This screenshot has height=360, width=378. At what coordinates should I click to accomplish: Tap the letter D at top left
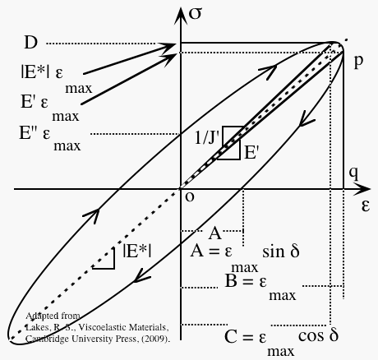30,42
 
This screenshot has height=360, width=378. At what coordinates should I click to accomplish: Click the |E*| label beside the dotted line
136,252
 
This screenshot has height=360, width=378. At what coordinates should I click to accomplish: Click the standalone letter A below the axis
214,232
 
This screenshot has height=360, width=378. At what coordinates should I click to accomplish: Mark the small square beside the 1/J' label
232,136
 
